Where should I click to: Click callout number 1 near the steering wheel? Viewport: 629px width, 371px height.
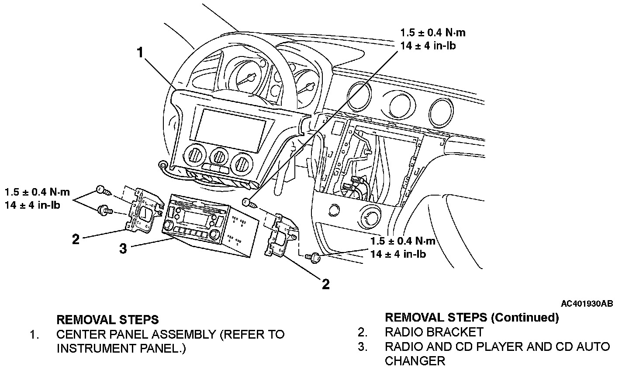click(140, 52)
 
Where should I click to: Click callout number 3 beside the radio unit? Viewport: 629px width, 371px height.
click(123, 248)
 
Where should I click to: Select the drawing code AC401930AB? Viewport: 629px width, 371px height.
click(587, 304)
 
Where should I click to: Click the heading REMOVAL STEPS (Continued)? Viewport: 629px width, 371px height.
click(472, 317)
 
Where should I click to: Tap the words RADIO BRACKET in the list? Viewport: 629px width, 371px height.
click(434, 332)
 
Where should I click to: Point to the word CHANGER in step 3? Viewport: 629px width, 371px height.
click(415, 361)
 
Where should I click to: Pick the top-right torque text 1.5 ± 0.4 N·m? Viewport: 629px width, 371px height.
click(433, 33)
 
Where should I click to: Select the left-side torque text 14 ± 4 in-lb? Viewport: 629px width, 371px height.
click(32, 205)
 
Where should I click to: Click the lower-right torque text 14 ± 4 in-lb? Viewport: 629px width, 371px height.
click(398, 254)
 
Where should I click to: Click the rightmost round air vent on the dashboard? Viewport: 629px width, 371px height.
click(441, 112)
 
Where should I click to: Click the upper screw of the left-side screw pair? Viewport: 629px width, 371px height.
click(104, 191)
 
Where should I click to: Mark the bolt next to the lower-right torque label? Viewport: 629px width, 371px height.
click(313, 257)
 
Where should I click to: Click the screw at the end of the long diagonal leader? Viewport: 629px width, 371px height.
click(250, 203)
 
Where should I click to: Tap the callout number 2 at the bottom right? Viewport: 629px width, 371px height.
click(325, 284)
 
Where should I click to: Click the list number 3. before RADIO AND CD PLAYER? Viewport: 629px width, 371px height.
click(363, 347)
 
